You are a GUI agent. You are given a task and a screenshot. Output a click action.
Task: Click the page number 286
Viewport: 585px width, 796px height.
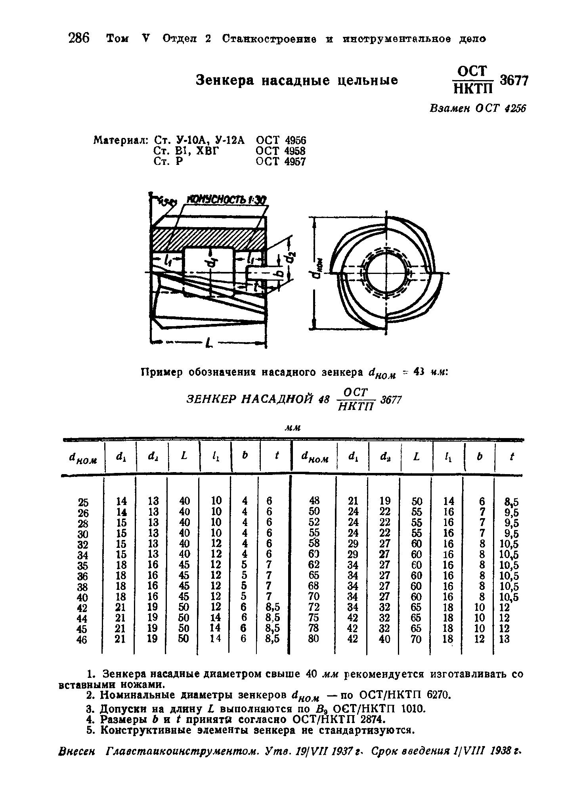click(79, 39)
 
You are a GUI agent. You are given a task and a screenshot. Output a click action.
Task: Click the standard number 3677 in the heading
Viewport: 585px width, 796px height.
click(514, 81)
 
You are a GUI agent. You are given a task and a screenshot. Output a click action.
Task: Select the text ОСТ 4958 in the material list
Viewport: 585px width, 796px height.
click(281, 151)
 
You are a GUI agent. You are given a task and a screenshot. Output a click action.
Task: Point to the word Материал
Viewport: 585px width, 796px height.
click(120, 140)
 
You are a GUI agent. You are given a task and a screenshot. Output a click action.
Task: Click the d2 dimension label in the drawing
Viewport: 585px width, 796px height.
click(291, 258)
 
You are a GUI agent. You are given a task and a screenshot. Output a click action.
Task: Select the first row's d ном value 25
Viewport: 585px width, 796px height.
click(83, 502)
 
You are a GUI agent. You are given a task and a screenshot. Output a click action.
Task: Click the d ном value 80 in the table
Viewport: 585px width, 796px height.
click(313, 639)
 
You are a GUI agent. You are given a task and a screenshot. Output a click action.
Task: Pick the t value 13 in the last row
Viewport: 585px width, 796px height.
click(505, 639)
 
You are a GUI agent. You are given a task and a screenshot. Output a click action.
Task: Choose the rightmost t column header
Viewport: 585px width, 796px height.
click(512, 457)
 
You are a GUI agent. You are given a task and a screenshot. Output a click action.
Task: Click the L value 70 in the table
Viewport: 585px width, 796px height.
click(416, 639)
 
